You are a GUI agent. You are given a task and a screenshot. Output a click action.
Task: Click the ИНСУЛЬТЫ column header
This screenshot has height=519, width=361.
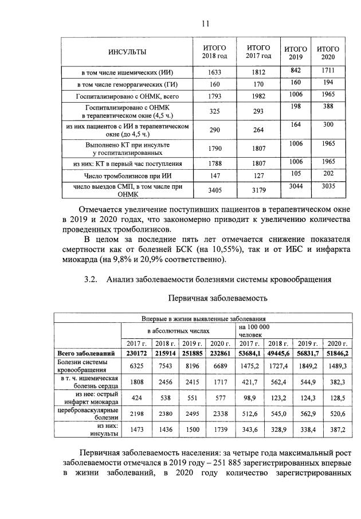point(127,53)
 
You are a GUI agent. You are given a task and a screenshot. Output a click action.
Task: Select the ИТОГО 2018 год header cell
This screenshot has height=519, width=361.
point(214,52)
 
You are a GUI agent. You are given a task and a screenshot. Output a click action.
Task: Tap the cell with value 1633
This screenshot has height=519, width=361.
point(214,73)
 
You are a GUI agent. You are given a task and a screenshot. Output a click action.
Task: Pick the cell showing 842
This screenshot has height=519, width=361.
point(296,70)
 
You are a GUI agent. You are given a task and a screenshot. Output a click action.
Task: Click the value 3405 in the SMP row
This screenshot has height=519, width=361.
point(214,190)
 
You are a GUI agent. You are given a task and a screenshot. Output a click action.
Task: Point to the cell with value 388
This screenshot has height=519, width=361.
point(328,107)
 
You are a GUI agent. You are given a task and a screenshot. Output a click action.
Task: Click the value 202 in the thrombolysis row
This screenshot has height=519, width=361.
point(328,173)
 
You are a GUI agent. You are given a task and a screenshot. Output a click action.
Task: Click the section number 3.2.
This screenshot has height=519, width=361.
point(92,279)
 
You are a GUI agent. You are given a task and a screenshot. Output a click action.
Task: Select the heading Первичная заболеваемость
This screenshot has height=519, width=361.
point(217,298)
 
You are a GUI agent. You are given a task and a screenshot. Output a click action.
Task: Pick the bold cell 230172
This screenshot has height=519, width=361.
point(135,353)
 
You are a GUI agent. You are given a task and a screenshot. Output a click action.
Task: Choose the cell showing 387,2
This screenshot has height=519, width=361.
point(337,429)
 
